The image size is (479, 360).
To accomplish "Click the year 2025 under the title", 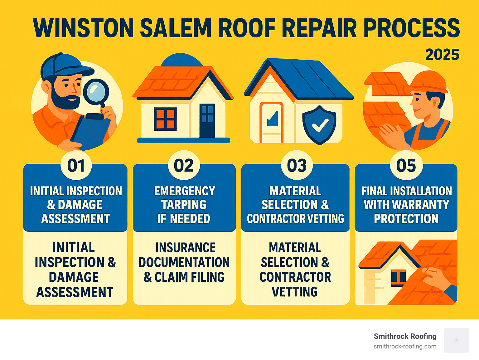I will [442, 55].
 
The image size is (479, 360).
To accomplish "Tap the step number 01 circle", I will [76, 166].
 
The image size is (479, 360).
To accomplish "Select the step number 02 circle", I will [184, 166].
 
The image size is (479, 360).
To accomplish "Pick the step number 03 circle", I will [297, 166].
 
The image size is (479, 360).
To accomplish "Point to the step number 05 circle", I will [406, 166].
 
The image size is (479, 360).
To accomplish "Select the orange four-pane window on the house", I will [165, 119].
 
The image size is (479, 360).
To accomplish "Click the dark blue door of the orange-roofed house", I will [207, 120].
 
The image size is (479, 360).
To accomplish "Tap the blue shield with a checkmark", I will [319, 125].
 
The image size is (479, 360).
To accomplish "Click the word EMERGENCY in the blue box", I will [185, 191].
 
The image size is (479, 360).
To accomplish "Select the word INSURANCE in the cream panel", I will [186, 248].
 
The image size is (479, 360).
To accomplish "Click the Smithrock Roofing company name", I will [405, 336].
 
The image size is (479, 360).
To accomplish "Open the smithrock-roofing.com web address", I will [405, 346].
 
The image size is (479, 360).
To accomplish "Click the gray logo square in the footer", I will [456, 340].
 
